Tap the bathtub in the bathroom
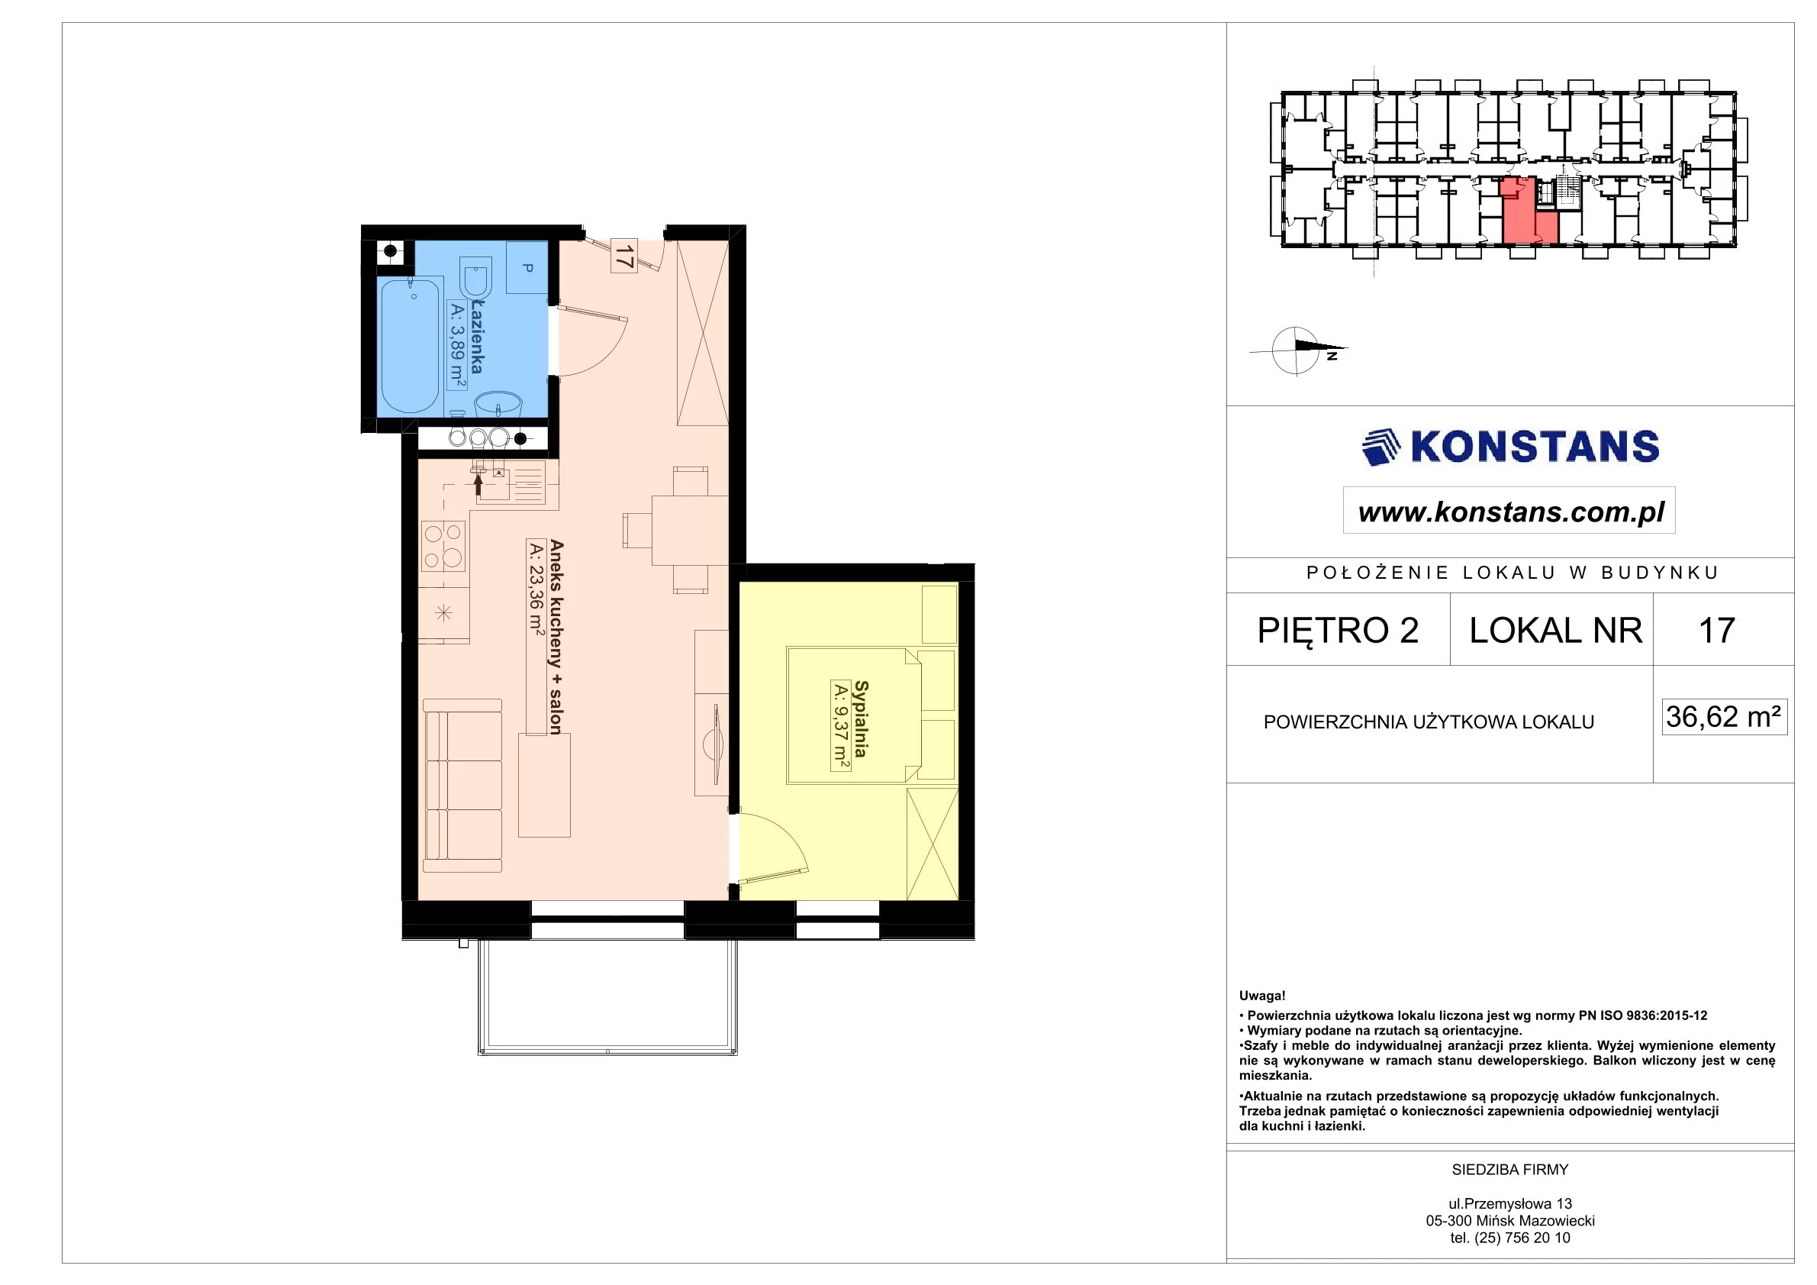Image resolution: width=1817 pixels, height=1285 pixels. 410,344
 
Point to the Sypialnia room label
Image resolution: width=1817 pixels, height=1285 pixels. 861,719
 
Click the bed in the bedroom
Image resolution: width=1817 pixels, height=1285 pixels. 854,715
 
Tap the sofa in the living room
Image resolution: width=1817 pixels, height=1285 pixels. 462,785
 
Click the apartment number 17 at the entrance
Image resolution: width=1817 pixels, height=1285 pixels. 623,256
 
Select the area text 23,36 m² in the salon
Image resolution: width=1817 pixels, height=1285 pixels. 536,586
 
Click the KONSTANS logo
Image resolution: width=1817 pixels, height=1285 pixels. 1510,447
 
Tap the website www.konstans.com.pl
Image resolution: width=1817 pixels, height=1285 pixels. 1510,512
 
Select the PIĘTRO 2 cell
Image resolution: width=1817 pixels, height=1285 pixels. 1339,630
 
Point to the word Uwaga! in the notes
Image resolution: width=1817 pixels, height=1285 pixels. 1262,996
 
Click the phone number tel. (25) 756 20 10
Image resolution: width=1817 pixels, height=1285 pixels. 1510,1238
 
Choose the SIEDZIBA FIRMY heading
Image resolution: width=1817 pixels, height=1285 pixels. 1510,1170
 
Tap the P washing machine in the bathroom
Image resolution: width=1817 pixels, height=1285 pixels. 527,267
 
